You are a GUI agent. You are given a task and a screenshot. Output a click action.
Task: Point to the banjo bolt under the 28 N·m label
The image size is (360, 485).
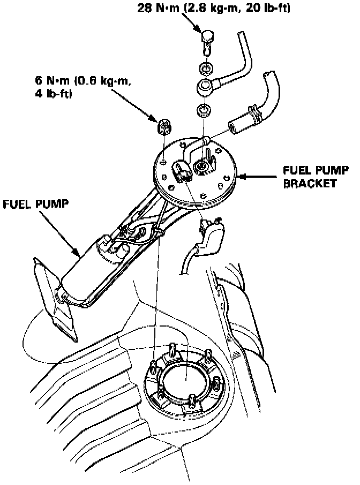point(208,39)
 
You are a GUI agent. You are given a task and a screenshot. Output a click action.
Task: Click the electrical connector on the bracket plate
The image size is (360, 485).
point(181,172)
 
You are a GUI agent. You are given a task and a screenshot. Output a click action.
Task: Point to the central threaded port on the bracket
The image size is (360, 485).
point(202,168)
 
